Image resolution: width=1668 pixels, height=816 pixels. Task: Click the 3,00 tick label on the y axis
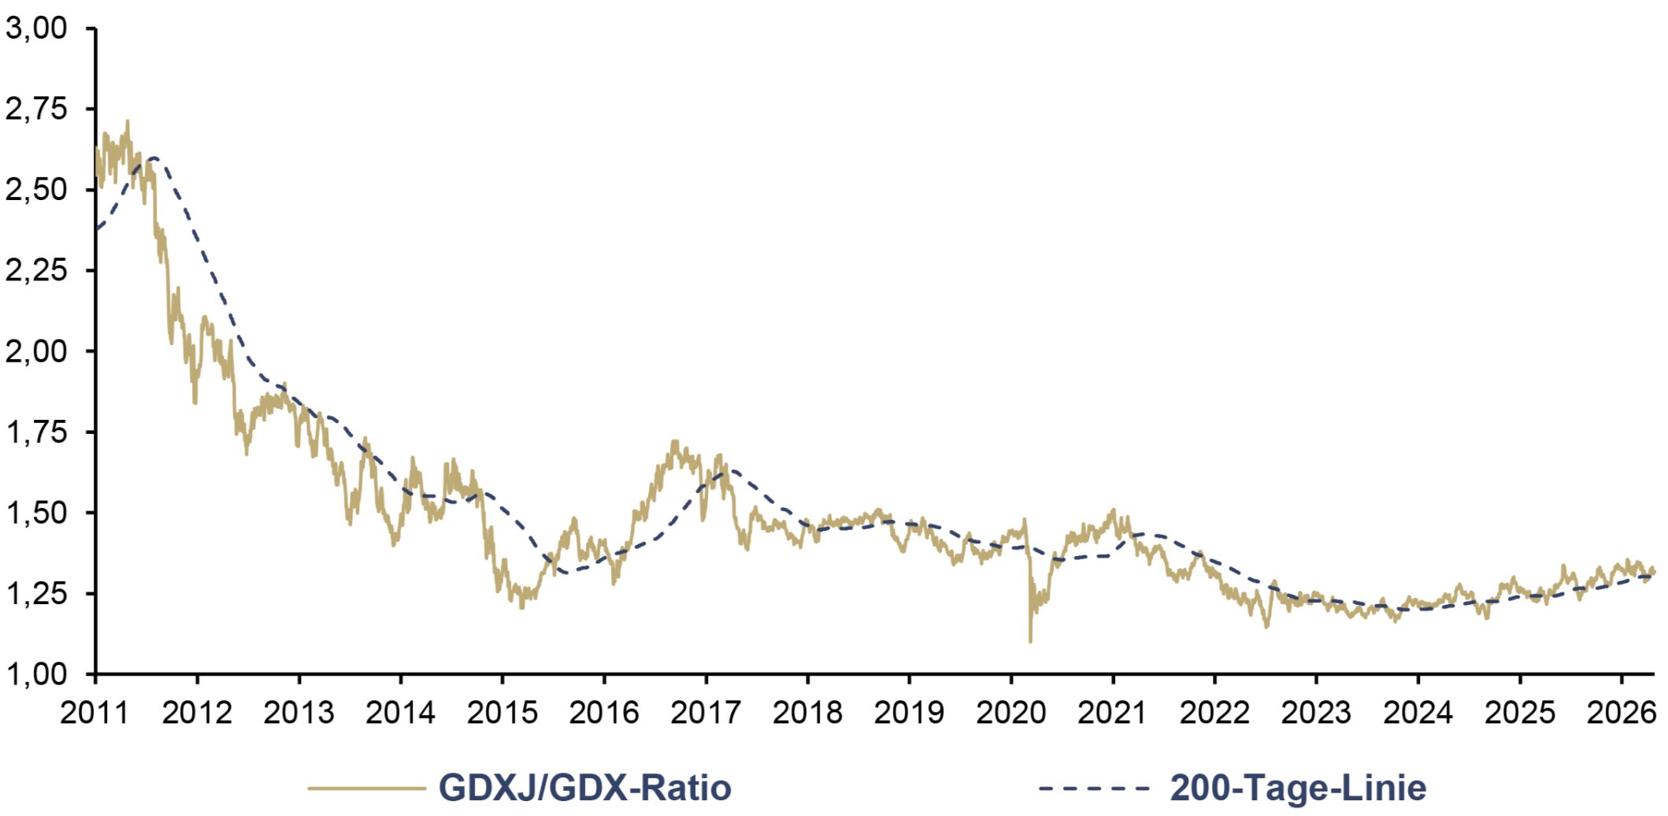click(36, 28)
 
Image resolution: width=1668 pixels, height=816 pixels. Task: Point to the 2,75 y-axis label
click(36, 109)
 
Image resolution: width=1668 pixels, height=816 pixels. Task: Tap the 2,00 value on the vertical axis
click(36, 351)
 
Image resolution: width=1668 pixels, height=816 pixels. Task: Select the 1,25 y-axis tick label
click(36, 593)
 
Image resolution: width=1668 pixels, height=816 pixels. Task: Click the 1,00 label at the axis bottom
click(36, 674)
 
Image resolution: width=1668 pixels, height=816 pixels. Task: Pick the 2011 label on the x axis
click(95, 713)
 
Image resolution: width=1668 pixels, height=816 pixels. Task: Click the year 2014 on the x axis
click(400, 713)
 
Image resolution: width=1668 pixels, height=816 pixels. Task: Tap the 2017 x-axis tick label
click(706, 713)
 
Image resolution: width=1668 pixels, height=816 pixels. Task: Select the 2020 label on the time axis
click(1011, 713)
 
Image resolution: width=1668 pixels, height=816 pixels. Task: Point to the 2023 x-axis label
click(1316, 713)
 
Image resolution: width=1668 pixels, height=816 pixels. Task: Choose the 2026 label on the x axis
click(1622, 713)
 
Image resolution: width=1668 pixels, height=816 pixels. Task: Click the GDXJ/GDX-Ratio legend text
click(585, 788)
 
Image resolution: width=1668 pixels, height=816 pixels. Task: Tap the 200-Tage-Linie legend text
click(1299, 788)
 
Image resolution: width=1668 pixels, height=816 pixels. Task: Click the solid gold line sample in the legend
click(366, 788)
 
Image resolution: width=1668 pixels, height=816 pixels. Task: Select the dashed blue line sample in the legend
click(1095, 788)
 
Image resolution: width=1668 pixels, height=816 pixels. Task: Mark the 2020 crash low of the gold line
click(1031, 642)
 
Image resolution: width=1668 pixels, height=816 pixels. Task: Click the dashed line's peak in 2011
click(153, 158)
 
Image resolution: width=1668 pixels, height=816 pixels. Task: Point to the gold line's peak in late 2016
click(674, 442)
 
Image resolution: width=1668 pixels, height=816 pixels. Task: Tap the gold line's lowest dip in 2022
click(1266, 627)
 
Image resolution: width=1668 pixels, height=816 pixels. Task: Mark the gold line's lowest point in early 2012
click(195, 402)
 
